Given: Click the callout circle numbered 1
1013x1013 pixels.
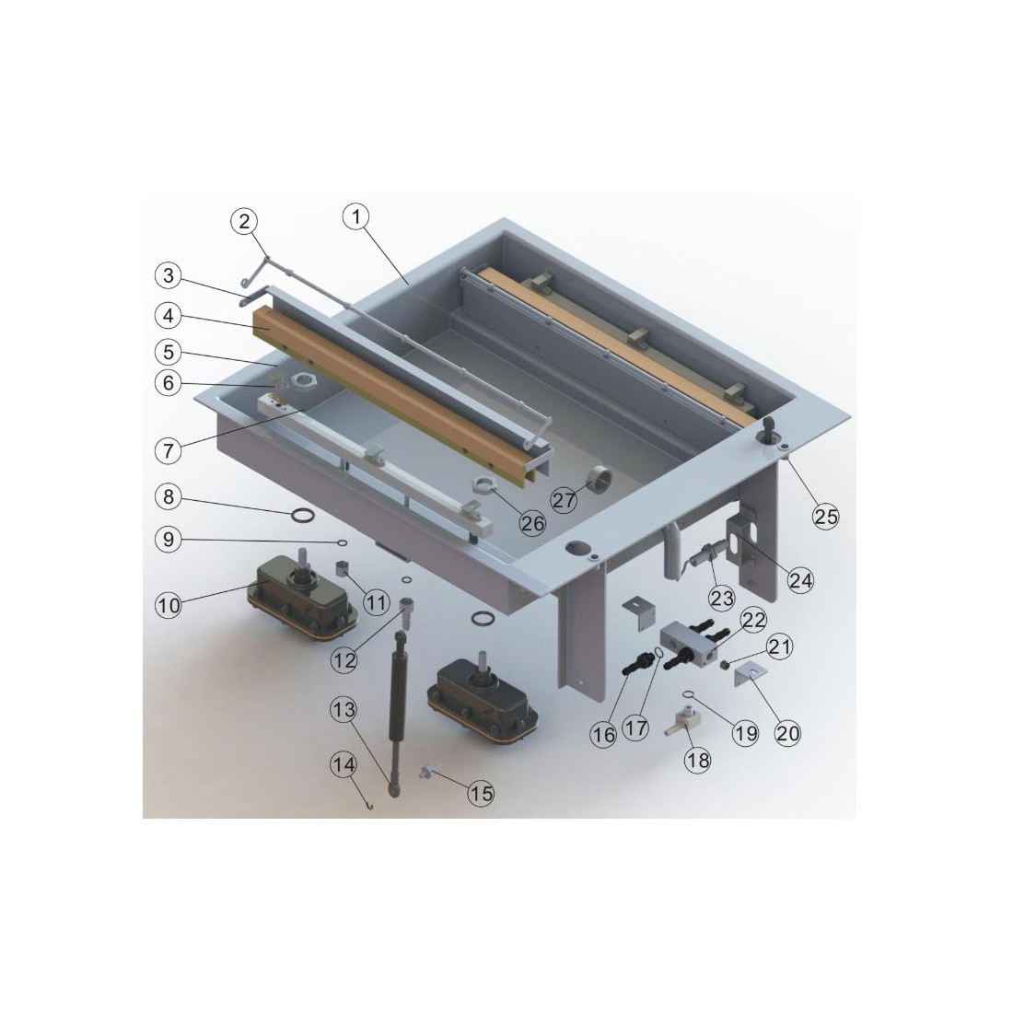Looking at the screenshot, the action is [x=355, y=216].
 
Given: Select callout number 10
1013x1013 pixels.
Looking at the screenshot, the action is [x=169, y=606].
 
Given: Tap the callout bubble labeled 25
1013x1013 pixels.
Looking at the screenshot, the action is [x=826, y=517].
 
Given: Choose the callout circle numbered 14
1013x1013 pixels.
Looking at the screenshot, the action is [x=343, y=765].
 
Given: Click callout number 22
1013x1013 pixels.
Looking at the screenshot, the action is [x=752, y=620].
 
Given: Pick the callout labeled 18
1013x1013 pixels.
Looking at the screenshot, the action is [x=698, y=760].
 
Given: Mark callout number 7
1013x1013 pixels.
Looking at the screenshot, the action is [x=169, y=450].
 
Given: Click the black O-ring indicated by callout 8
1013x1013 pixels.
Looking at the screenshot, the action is [x=302, y=516].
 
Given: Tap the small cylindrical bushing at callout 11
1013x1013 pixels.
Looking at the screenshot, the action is [x=343, y=568].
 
